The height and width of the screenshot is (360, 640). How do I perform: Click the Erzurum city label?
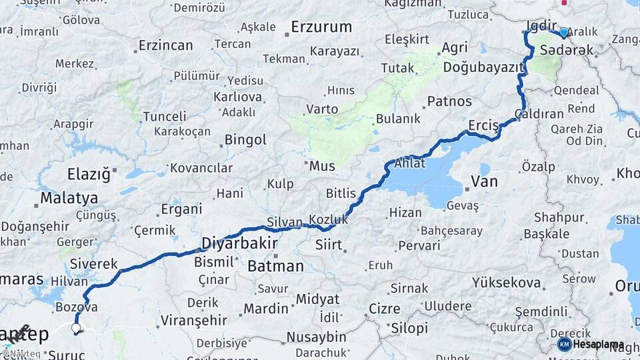(x=321, y=27)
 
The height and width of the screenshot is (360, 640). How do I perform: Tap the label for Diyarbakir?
(x=239, y=244)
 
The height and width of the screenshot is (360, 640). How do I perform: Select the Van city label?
(x=484, y=181)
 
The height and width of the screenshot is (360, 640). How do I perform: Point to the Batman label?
(x=275, y=266)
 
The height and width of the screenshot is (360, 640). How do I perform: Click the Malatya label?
(x=69, y=198)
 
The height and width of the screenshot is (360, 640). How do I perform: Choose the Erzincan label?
(x=165, y=46)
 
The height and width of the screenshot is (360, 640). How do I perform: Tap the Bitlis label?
(x=341, y=193)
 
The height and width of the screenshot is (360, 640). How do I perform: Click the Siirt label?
(x=329, y=245)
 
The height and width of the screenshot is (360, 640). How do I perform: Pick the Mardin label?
(x=265, y=309)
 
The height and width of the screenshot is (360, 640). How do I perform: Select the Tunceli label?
(x=164, y=117)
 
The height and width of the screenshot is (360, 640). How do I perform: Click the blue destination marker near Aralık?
(x=564, y=33)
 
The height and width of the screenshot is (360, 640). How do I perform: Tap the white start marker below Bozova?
(x=76, y=328)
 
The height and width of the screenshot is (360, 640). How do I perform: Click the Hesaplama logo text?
(x=598, y=345)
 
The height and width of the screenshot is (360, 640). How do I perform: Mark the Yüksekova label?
(x=505, y=283)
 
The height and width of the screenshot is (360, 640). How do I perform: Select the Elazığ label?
(x=89, y=175)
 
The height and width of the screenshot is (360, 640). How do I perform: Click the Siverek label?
(x=93, y=263)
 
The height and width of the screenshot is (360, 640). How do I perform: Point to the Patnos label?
(x=449, y=102)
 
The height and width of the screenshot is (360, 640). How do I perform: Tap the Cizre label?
(x=384, y=309)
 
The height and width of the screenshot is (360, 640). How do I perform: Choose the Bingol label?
(x=245, y=141)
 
